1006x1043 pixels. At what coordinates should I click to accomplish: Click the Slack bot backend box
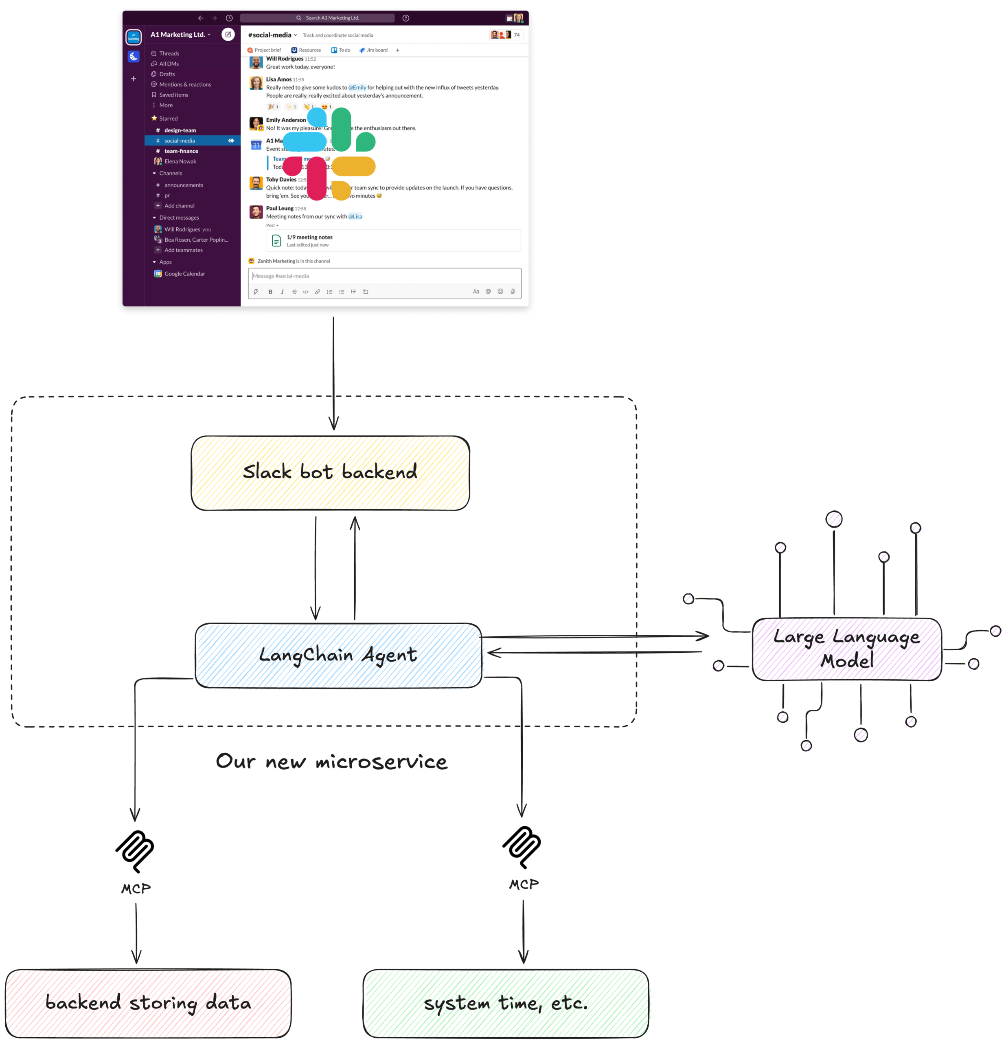330,473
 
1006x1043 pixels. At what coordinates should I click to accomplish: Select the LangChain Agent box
338,655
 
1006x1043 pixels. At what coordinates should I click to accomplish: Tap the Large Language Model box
846,649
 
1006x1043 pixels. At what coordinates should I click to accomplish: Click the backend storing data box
148,1003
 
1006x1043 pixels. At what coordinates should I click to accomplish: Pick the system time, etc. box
505,1003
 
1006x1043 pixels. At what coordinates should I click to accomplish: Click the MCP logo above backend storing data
135,851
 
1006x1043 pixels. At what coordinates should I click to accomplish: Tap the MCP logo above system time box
522,847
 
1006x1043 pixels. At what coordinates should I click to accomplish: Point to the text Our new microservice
331,761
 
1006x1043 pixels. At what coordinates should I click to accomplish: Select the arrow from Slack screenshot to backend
333,372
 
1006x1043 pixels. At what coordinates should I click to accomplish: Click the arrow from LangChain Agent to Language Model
596,636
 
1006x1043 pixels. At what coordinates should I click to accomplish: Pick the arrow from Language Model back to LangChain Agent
596,652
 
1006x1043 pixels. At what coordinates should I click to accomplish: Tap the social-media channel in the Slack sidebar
180,141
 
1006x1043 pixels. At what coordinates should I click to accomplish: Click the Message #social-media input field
384,276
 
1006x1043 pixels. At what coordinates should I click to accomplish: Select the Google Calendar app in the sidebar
184,273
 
